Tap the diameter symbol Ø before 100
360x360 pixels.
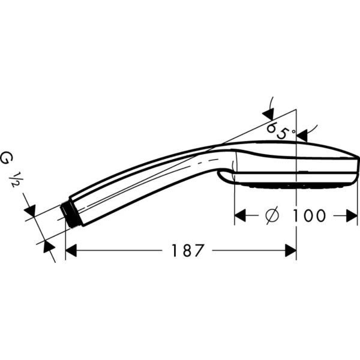(x=271, y=215)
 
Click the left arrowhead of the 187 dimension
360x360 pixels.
(x=71, y=250)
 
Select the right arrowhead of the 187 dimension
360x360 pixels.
(x=290, y=250)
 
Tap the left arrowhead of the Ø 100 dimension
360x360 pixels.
(x=240, y=215)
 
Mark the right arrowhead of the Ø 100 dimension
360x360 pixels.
(x=352, y=215)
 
